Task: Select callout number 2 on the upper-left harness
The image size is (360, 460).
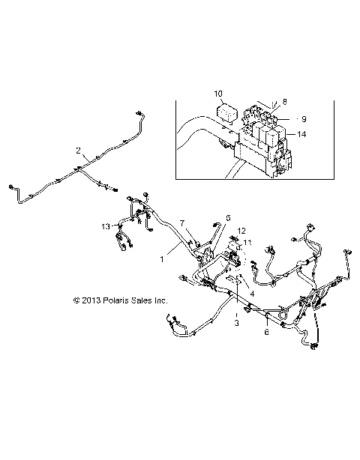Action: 78,151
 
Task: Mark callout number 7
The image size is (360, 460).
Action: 181,223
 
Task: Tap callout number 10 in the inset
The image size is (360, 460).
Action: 218,94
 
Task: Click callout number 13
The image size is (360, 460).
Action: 106,226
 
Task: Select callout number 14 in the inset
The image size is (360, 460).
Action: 301,135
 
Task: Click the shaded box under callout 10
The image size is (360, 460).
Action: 226,114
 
